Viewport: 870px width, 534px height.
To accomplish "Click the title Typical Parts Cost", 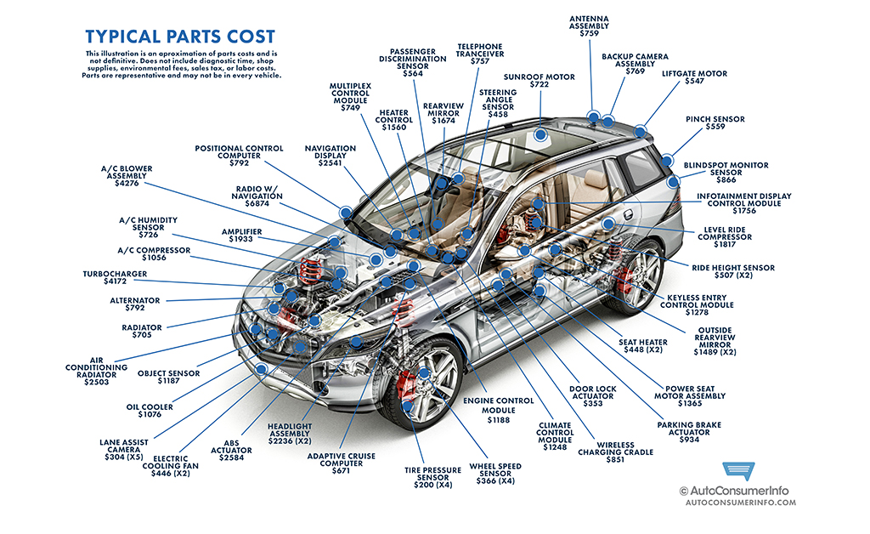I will click(x=180, y=37).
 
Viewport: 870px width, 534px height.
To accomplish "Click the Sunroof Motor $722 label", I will click(x=540, y=82).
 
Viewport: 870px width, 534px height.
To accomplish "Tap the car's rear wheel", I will click(x=638, y=273).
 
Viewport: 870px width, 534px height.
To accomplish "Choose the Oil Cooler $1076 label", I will click(x=150, y=412).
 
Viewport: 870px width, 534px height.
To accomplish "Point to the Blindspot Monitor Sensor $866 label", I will click(x=726, y=173).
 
